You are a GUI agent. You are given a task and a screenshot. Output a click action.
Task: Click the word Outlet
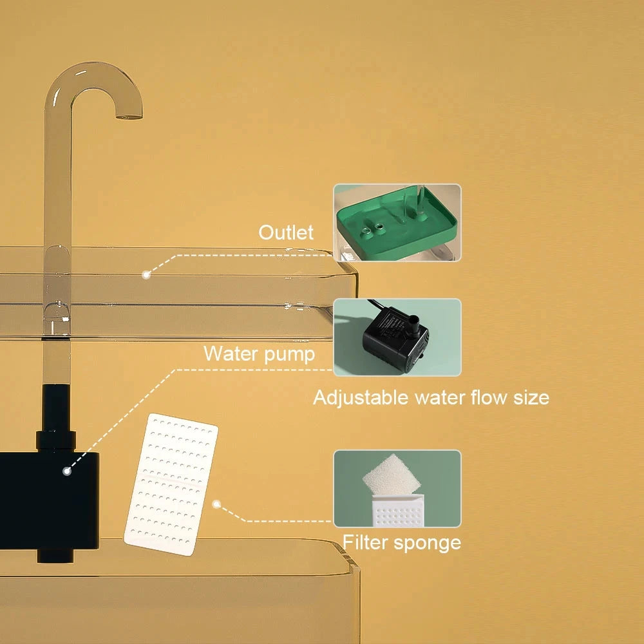tap(286, 232)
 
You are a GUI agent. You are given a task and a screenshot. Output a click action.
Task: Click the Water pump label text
tap(259, 354)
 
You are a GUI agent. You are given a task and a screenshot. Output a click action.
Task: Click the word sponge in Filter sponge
tap(429, 542)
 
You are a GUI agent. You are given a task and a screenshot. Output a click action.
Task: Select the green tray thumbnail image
tap(397, 222)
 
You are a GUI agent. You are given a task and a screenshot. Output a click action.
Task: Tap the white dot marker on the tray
tap(146, 274)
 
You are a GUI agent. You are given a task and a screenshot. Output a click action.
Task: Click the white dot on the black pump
tap(66, 471)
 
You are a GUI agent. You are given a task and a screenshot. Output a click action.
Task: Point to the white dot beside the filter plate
tap(217, 504)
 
